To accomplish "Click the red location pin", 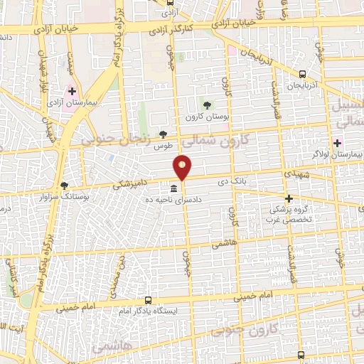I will point(183,166).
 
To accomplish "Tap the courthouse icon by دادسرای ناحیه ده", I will point(174,188).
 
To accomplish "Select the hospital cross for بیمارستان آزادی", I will point(72,91).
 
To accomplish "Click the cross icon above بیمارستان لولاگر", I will point(337,143).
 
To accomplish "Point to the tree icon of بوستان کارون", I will point(208,105).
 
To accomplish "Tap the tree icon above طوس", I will point(164,134).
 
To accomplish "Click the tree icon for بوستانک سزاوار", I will point(65,185).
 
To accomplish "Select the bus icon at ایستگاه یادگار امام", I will point(148,300).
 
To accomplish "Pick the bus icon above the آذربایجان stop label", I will point(303,73).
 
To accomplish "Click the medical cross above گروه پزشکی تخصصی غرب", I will point(289,198).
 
